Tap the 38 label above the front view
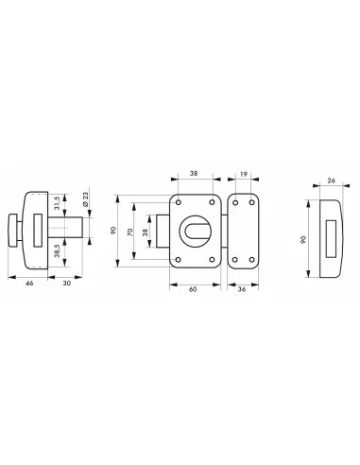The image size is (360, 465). (194, 174)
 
